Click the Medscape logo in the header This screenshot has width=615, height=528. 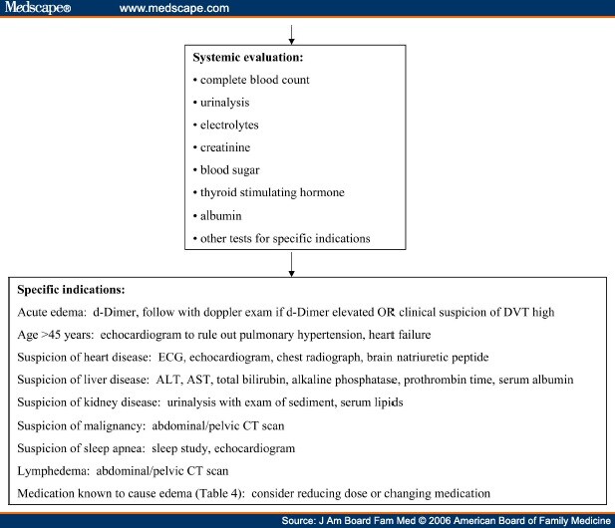38,7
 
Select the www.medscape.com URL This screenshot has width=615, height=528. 174,8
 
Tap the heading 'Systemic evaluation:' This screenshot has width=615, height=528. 248,57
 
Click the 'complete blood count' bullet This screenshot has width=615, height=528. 254,80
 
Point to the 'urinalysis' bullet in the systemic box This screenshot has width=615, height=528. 224,103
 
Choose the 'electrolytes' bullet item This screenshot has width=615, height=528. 229,126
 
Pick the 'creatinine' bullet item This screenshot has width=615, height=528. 225,147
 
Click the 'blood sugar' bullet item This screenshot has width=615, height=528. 230,170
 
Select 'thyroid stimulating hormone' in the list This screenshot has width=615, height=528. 272,192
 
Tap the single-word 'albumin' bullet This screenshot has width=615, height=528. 221,215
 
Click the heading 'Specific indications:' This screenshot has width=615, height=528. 71,290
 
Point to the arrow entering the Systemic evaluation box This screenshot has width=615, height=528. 291,35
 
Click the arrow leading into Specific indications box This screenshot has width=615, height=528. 291,265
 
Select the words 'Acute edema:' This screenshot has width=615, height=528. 52,312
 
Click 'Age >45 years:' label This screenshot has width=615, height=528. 56,335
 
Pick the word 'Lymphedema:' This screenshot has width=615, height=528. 54,471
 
